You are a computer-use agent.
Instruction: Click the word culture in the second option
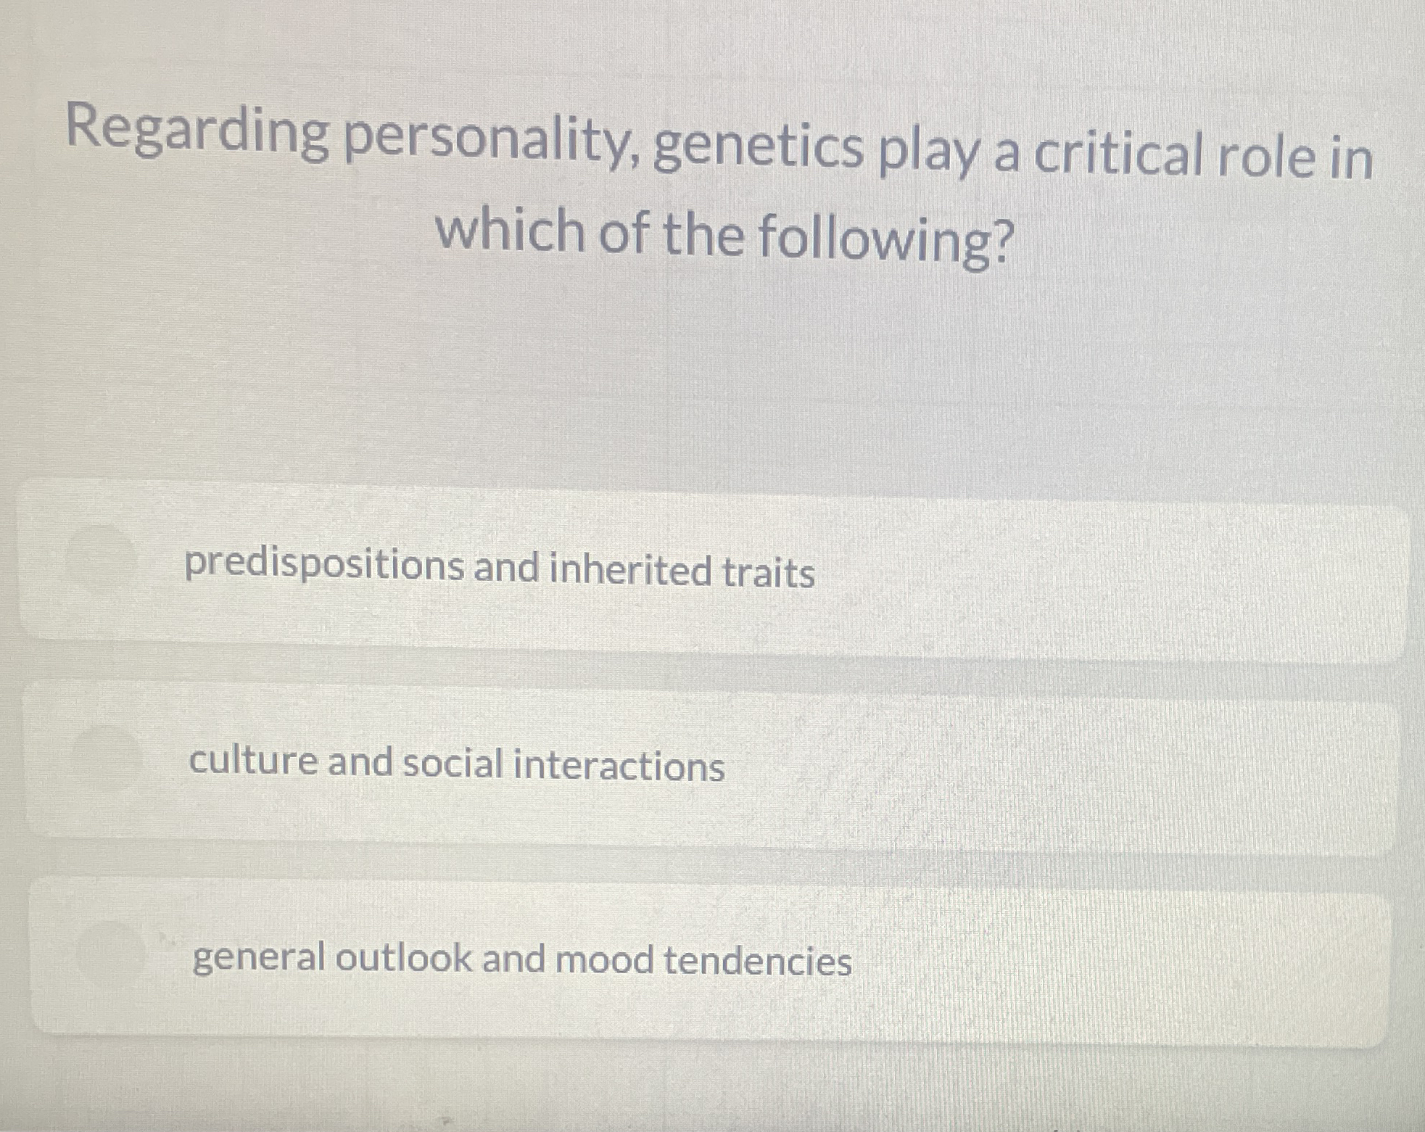tap(253, 761)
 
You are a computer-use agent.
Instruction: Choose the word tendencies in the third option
tap(757, 962)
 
